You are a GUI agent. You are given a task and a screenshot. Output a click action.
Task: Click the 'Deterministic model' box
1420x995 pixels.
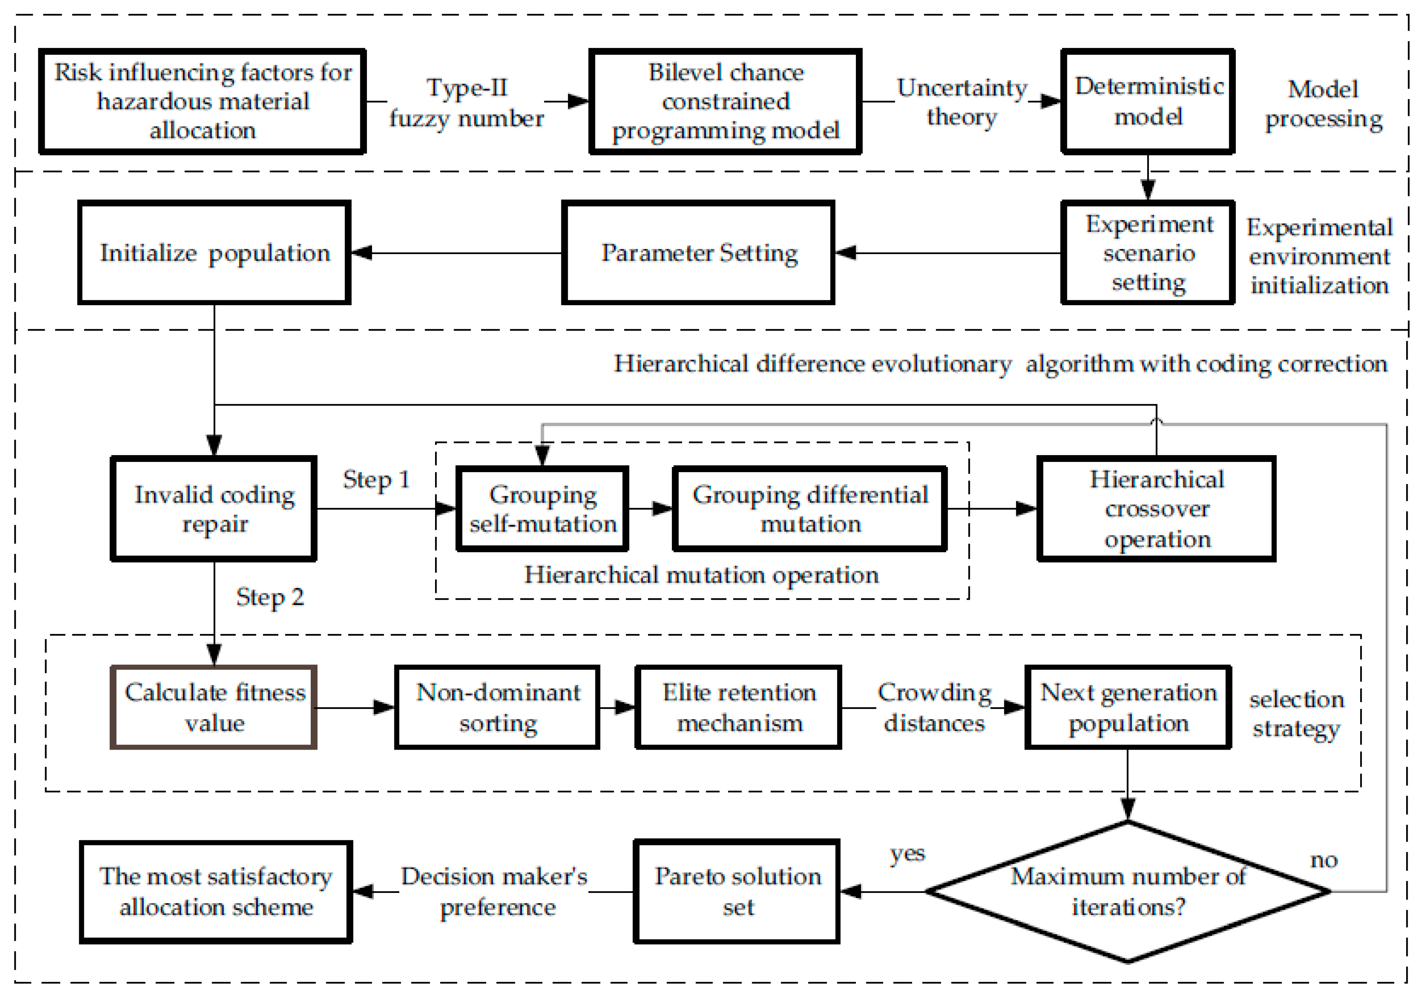(1148, 101)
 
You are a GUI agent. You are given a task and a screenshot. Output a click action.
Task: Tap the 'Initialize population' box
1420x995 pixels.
(214, 252)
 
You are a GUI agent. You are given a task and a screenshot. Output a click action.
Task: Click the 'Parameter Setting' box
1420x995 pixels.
(698, 252)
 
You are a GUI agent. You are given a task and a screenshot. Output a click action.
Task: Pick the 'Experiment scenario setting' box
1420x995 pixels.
(1148, 252)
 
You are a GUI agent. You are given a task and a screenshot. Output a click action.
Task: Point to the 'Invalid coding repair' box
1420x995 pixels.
(214, 509)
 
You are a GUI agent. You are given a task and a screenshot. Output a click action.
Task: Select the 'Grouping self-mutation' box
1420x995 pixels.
(542, 509)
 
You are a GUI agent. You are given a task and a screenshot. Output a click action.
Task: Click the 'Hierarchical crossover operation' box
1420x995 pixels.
(1156, 509)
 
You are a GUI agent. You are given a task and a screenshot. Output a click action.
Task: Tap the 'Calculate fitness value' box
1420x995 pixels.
(214, 707)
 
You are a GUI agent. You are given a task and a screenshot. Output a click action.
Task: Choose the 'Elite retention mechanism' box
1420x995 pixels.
(738, 707)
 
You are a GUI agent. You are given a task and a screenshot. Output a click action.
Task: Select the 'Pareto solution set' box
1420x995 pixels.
(737, 892)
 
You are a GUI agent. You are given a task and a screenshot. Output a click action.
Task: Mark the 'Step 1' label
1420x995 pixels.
(376, 480)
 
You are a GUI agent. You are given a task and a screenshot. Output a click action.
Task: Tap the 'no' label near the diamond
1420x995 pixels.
(1324, 860)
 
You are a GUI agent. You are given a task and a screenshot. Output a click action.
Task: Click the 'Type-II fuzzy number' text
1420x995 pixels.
(466, 103)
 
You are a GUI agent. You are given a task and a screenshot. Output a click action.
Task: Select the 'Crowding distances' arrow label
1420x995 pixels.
(934, 707)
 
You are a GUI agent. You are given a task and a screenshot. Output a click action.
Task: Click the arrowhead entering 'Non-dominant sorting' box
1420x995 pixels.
(385, 707)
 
